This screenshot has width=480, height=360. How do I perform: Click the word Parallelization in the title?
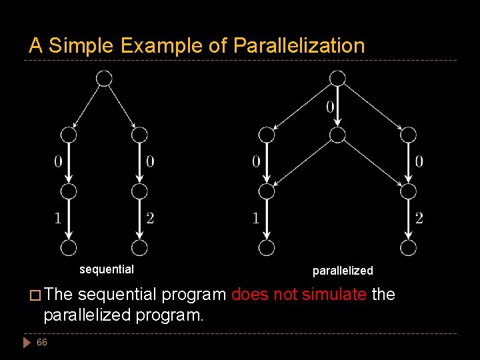point(299,45)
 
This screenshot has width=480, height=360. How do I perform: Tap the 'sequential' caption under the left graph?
point(107,269)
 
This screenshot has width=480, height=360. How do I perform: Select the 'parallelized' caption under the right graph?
point(343,271)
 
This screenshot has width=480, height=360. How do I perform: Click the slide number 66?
point(42,342)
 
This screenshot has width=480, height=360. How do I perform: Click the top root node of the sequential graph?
point(104,79)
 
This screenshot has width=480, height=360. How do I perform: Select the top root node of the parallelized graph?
point(337,79)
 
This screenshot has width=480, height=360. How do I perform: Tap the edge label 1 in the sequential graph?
point(58,218)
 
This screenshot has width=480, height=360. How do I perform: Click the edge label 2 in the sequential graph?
point(150,218)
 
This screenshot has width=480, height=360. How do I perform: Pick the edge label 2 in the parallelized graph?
point(419,218)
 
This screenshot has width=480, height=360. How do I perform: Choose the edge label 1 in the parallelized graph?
point(256,218)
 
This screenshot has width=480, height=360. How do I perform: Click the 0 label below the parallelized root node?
point(330,106)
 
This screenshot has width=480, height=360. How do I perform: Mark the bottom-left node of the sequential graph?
point(68,248)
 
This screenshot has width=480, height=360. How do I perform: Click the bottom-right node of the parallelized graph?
point(408,248)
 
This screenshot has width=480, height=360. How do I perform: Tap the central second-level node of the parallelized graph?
point(337,135)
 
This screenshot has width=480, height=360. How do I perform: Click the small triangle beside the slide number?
point(27,343)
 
